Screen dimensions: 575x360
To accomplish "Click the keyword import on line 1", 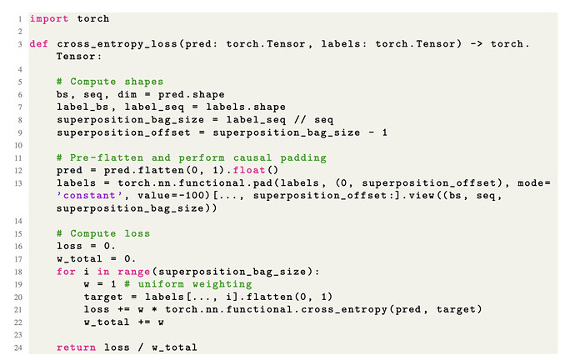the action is [49, 19].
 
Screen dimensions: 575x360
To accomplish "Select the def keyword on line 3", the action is [39, 44].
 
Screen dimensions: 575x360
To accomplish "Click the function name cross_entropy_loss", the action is [117, 44].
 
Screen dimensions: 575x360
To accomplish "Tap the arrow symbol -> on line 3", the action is [477, 44].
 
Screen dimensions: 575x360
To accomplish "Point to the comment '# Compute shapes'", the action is [110, 82].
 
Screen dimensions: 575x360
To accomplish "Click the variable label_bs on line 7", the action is [82, 107].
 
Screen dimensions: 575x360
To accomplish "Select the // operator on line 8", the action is [301, 119].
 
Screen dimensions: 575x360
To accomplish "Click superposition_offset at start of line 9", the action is [123, 132].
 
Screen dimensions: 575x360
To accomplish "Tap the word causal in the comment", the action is [252, 158].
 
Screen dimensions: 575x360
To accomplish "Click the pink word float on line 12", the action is [249, 171].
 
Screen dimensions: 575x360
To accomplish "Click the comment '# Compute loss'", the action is [103, 233].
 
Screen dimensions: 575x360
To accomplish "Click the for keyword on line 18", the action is [66, 272].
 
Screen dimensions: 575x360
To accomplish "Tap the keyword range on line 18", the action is [133, 272].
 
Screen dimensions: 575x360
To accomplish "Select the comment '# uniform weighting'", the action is [188, 284].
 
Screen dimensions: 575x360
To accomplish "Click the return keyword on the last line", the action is [77, 347].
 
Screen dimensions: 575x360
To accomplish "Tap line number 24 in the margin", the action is [18, 347].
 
